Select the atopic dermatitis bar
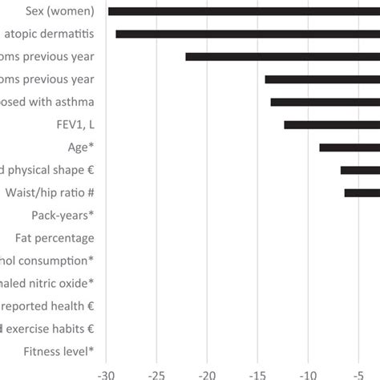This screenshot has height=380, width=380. tap(248, 34)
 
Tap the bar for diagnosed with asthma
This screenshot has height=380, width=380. tap(325, 102)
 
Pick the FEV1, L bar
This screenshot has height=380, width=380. tap(331, 124)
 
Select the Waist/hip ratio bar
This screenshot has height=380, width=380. tap(362, 192)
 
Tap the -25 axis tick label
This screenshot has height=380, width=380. tap(158, 373)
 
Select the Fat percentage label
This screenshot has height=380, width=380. tap(55, 238)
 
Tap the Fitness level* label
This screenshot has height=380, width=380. tap(59, 351)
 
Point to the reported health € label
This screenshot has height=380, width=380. tap(48, 305)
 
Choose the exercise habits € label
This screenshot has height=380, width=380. tap(48, 328)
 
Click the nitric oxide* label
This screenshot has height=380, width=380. tap(48, 283)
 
